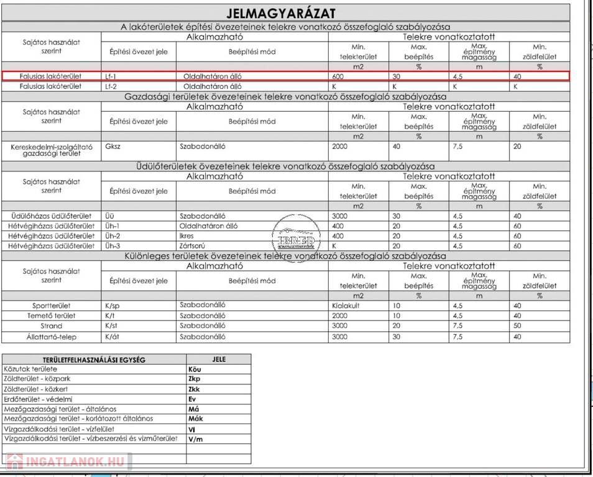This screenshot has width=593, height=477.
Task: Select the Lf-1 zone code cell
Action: click(x=111, y=76)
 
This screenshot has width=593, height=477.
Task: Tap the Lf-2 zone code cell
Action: click(x=111, y=87)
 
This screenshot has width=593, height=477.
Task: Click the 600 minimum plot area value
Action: click(x=338, y=76)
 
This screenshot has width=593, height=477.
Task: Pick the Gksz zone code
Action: click(x=113, y=147)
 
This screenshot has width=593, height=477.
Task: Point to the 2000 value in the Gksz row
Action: click(x=341, y=147)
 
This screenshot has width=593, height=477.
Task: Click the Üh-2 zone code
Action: click(x=113, y=236)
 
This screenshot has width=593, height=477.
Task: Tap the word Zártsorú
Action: click(x=194, y=246)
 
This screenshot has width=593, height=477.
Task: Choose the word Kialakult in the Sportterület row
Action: click(x=346, y=306)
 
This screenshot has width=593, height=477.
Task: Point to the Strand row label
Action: click(x=52, y=326)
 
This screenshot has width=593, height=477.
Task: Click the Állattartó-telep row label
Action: click(x=51, y=337)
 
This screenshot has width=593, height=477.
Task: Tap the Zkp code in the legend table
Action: click(x=195, y=378)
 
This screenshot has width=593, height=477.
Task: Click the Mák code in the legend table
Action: click(x=195, y=419)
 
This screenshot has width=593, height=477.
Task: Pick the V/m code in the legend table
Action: click(x=195, y=439)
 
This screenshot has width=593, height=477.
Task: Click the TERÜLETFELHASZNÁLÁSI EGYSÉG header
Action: click(x=94, y=359)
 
